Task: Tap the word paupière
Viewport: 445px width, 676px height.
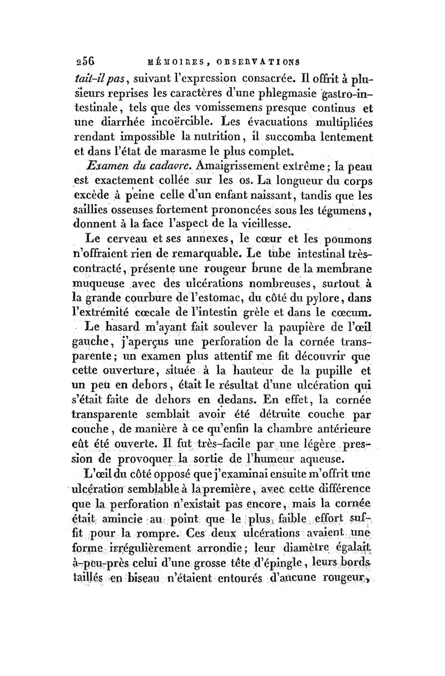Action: pyautogui.click(x=282, y=329)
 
